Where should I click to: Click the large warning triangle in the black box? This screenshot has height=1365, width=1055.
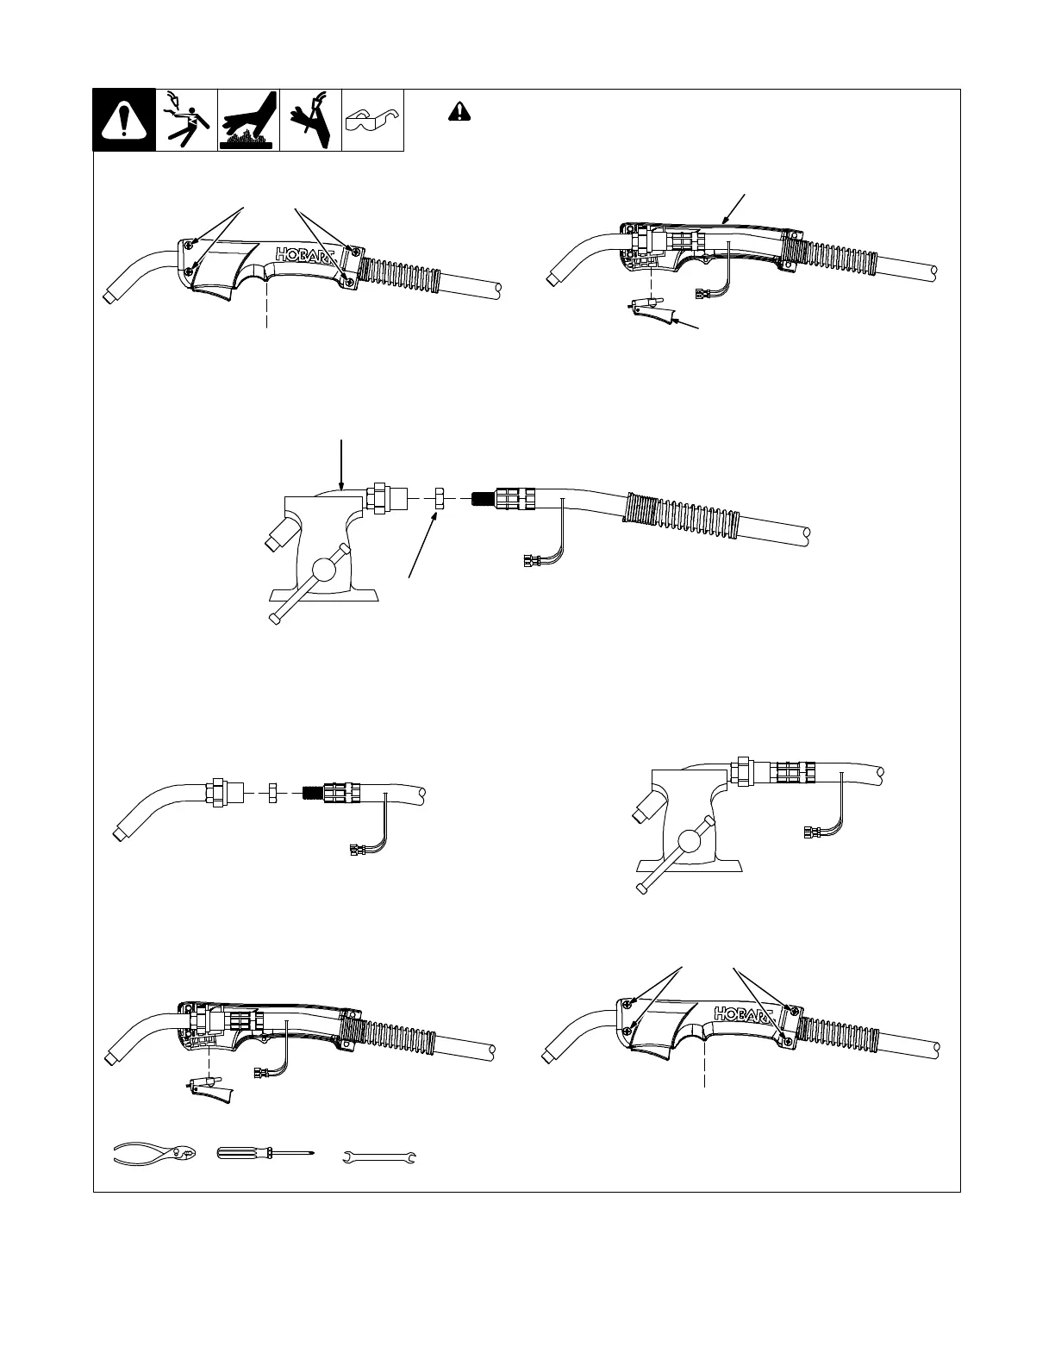pos(124,121)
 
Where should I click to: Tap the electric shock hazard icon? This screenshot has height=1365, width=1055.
pos(186,120)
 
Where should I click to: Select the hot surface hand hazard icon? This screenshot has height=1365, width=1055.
pos(248,120)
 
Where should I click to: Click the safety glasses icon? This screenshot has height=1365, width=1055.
pos(373,121)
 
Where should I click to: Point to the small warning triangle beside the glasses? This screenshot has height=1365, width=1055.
pos(460,111)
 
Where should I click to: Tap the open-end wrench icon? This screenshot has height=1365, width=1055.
pos(380,1156)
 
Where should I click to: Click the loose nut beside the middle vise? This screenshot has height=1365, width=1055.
pos(437,498)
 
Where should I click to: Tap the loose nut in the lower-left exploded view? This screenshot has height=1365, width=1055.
pos(272,791)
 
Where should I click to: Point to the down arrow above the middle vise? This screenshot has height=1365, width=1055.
pos(343,465)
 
